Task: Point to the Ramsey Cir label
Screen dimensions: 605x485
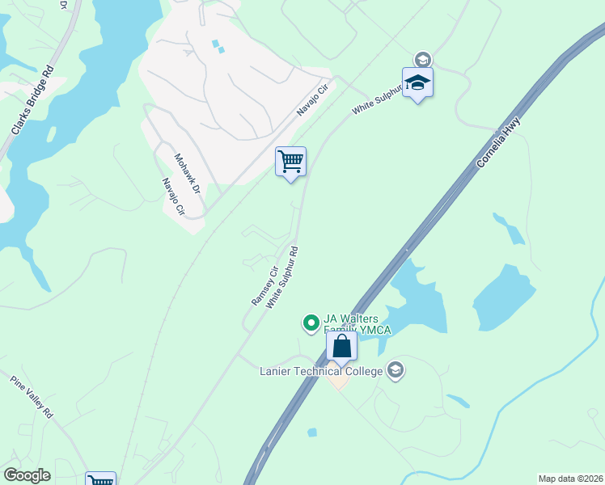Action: click(264, 285)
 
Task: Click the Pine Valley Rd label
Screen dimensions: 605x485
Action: click(32, 397)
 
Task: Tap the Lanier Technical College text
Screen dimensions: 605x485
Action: click(321, 371)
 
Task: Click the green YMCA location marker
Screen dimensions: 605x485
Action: click(310, 323)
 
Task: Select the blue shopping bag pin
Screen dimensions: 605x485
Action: click(342, 347)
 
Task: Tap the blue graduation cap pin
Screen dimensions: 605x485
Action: click(417, 82)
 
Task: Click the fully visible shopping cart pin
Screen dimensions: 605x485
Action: click(290, 162)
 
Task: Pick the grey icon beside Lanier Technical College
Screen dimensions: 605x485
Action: click(395, 370)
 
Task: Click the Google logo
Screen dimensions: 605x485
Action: click(27, 475)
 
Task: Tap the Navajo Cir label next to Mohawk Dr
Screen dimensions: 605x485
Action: click(173, 197)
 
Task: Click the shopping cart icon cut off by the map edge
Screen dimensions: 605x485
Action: click(101, 479)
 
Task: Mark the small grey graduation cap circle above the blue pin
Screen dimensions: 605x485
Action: click(421, 59)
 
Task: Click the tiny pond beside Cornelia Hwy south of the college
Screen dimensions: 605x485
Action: click(312, 432)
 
